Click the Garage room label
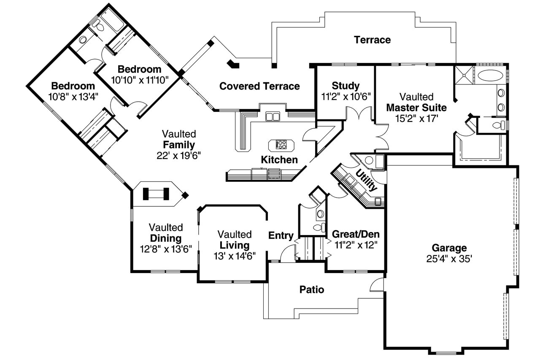449,248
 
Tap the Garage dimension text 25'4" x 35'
449,258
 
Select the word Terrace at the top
372,40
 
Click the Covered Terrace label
259,87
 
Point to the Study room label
346,86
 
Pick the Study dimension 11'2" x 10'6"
346,96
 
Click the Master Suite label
416,108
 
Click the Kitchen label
279,160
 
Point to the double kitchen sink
272,116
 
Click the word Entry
281,235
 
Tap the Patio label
312,290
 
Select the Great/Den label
356,234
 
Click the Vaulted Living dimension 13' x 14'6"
235,256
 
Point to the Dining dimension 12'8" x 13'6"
166,249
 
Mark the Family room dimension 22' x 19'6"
179,155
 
